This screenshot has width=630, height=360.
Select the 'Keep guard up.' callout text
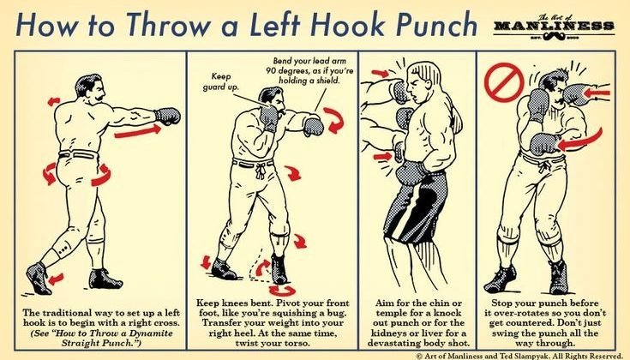220,81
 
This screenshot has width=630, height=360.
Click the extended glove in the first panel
167,116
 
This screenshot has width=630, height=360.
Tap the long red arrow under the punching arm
137,131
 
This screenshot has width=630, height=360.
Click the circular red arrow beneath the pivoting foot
282,290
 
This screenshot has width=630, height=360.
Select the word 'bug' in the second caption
336,313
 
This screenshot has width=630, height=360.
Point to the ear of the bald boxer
427,84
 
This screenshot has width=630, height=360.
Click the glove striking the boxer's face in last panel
576,94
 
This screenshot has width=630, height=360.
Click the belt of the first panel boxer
78,154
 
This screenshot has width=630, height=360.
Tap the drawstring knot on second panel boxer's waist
261,170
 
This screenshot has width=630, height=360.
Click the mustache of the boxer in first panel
99,97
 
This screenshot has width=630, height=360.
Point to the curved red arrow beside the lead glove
334,120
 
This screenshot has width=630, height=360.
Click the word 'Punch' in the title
437,25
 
